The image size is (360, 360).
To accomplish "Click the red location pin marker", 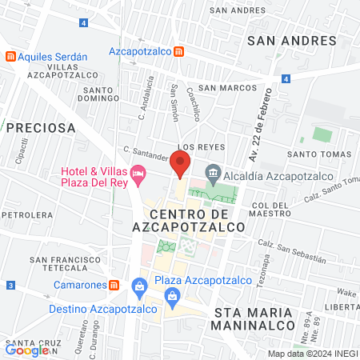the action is click(x=181, y=166).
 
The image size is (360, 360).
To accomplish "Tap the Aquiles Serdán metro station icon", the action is click(x=10, y=55).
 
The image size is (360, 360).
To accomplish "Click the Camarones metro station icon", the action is click(x=114, y=285).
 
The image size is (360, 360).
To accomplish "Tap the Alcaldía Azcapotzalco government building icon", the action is click(x=213, y=172).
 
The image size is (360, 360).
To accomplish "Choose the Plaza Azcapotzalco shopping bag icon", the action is click(x=140, y=285).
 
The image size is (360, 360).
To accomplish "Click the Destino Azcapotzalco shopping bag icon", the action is click(x=171, y=298).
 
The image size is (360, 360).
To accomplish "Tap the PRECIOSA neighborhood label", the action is click(x=41, y=127).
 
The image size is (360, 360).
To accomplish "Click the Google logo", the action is click(x=27, y=349).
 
